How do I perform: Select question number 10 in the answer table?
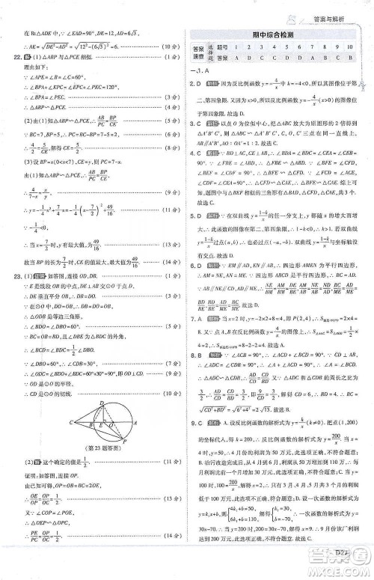pos(350,47)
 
